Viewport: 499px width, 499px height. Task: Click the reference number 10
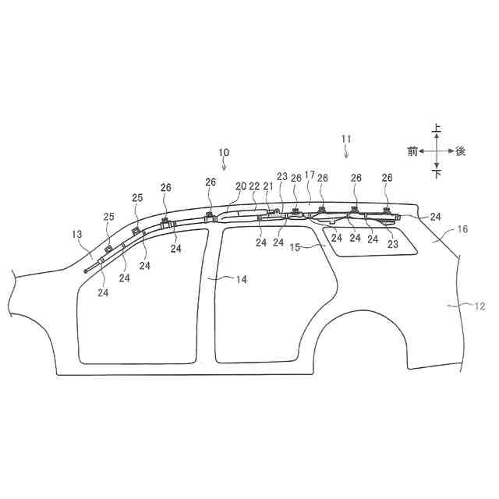click(224, 153)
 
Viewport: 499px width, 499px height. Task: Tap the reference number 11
click(346, 139)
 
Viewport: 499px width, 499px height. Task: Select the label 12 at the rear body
click(480, 306)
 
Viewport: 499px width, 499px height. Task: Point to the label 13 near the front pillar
click(77, 235)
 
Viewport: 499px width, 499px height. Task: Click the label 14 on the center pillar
click(242, 279)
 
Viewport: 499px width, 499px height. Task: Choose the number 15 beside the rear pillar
click(295, 247)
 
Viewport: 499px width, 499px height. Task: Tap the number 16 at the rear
click(462, 229)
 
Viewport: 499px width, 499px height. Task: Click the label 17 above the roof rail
click(310, 175)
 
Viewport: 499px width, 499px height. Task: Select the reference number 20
click(241, 186)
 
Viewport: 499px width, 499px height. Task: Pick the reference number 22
click(254, 186)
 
